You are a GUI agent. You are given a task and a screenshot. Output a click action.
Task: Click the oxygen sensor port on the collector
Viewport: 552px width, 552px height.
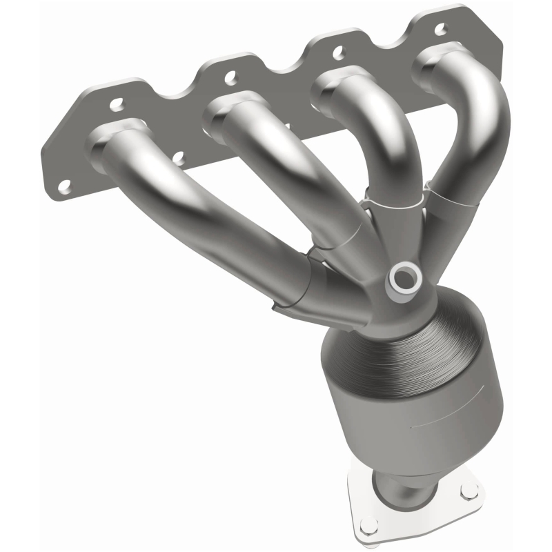[404, 279]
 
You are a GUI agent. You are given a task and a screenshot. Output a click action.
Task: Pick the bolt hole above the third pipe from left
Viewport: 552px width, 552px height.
[338, 50]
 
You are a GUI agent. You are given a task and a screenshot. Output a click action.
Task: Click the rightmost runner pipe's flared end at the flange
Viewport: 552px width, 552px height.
[442, 62]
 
